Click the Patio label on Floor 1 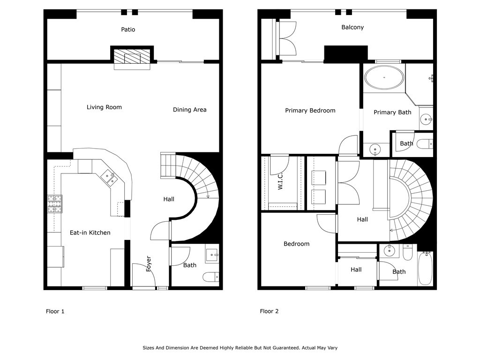click(128, 30)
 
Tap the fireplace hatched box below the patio click(132, 56)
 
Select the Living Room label click(104, 107)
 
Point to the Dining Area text click(189, 110)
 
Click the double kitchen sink click(109, 178)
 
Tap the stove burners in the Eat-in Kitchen click(55, 204)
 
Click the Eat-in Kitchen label click(90, 232)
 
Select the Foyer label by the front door click(149, 263)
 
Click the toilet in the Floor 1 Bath click(211, 277)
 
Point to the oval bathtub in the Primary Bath click(384, 77)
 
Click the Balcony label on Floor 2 click(352, 27)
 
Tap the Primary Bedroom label click(310, 111)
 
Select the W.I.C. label click(280, 180)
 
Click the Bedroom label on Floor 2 click(296, 244)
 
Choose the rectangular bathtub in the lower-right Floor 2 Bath click(425, 269)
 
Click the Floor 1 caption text click(55, 311)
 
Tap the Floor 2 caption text click(269, 311)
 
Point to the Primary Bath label click(392, 112)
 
